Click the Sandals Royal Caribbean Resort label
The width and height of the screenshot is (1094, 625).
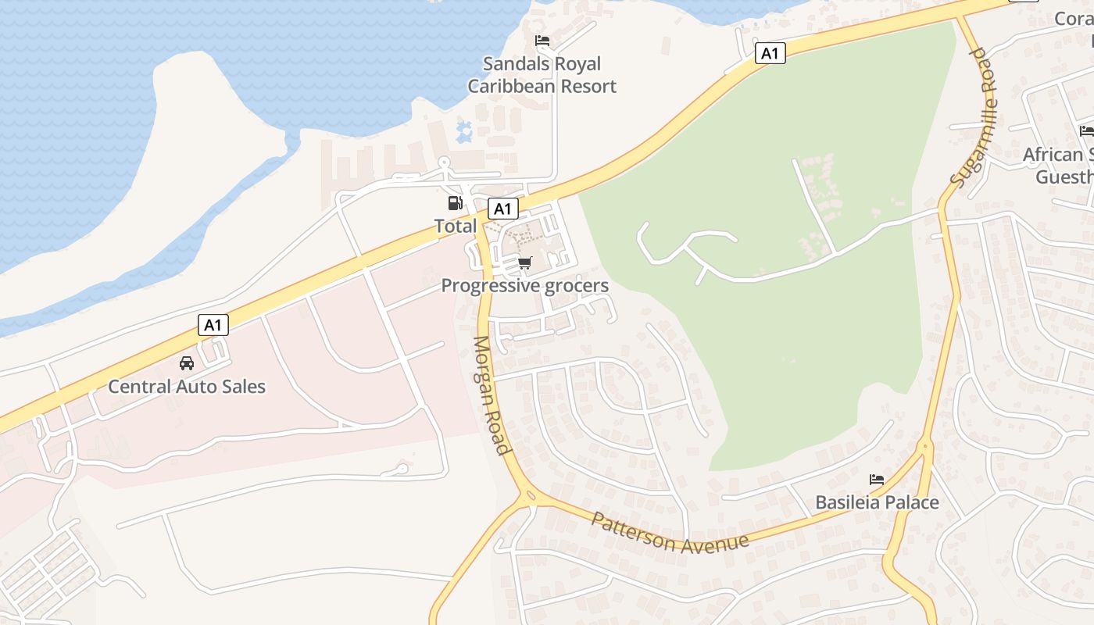coord(542,75)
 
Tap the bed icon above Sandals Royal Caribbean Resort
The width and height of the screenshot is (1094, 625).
coord(542,41)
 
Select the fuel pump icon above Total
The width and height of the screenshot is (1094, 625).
coord(455,204)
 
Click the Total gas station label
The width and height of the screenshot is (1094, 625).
coord(455,226)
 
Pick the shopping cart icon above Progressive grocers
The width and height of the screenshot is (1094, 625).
coord(524,263)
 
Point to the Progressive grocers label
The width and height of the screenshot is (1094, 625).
coord(524,286)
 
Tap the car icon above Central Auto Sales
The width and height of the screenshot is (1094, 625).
coord(187,363)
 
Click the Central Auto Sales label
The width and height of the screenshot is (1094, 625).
coord(187,386)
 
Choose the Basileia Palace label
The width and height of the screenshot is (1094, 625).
coord(877,502)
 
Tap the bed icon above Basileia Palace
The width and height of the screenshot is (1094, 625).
coord(877,479)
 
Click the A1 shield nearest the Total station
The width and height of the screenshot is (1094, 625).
coord(502,209)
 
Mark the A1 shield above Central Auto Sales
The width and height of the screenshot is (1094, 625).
coord(213,325)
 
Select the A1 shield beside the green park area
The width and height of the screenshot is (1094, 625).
coord(770,53)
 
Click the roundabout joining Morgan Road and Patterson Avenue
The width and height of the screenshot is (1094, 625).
coord(529,496)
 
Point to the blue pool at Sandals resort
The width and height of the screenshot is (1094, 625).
coord(463,130)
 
